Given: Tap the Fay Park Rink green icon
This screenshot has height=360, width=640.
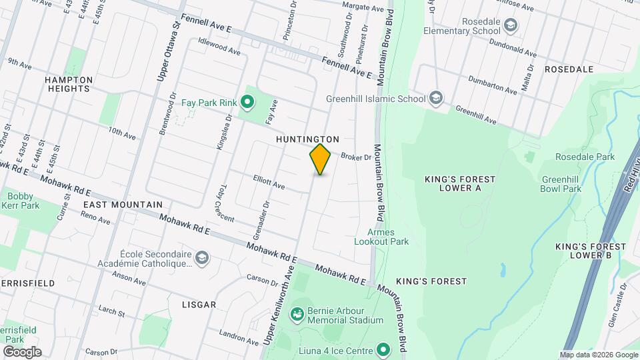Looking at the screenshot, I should pos(247,103).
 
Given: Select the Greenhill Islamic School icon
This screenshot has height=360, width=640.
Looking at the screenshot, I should pos(436,99).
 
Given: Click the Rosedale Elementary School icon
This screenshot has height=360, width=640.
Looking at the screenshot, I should pos(511,25).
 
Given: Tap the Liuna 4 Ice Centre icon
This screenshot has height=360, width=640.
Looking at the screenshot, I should pos(383,349).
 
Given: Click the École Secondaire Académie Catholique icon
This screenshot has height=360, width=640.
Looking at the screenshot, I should pos(201,257).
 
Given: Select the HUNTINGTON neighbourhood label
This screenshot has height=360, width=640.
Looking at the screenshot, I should pos(308,139).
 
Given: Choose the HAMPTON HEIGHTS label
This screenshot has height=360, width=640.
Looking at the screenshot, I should pos(69,84).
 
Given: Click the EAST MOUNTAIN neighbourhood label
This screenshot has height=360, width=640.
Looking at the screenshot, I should pos(123,205).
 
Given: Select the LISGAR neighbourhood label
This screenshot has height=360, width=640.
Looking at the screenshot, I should pos(199,305).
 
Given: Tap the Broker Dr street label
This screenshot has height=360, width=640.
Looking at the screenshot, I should pos(355,157).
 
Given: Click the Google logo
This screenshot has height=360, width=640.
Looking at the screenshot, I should pos(21,351).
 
